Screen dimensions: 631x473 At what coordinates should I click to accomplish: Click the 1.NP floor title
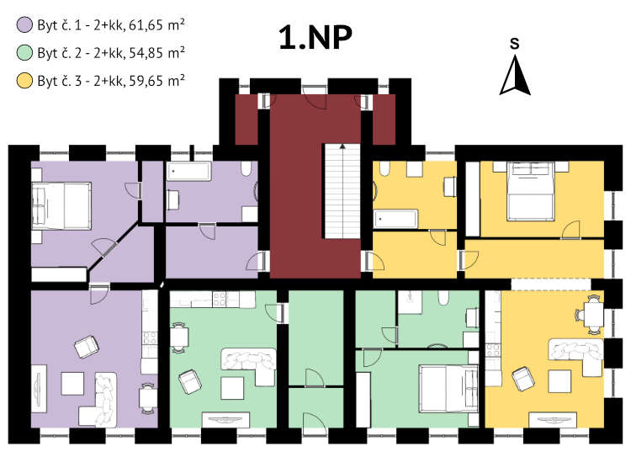click(315, 37)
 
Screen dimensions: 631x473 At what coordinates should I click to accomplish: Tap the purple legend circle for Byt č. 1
click(24, 25)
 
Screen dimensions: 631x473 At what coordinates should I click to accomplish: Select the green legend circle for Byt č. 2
click(24, 53)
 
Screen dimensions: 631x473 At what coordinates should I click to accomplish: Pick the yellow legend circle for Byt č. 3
click(24, 81)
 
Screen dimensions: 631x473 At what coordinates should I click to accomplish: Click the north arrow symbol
click(515, 76)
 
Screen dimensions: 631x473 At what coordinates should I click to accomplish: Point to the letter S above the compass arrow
click(514, 43)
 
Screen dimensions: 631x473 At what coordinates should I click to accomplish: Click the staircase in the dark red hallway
click(342, 191)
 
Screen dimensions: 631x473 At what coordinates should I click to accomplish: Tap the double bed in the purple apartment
click(61, 205)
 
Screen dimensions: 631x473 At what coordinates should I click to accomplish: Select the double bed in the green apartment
click(448, 389)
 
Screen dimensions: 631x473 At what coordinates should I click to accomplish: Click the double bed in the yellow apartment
click(531, 191)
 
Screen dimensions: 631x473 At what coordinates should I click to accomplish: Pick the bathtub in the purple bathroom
click(188, 172)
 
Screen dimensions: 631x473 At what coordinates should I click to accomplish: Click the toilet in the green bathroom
click(443, 297)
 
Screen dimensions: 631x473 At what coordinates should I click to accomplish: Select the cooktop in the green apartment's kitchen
click(220, 299)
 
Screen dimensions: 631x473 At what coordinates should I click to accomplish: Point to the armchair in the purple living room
click(87, 346)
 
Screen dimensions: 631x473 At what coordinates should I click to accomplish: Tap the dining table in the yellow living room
click(594, 315)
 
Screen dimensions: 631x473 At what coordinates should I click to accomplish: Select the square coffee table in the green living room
click(232, 388)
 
